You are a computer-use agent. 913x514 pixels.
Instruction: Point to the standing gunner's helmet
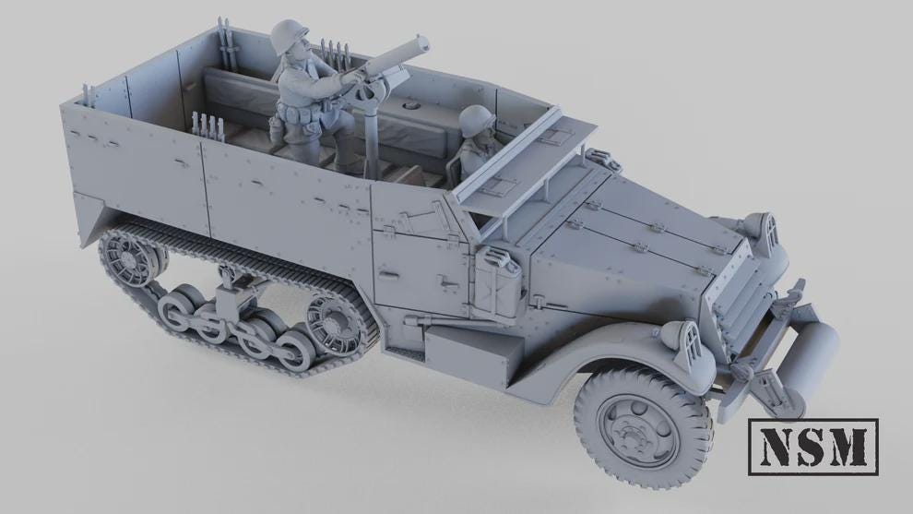293,39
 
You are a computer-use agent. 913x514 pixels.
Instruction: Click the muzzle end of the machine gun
421,42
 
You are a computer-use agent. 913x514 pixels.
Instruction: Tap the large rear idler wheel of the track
127,254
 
